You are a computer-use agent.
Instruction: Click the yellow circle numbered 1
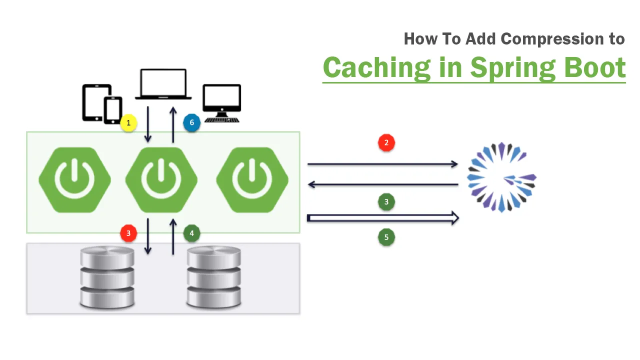tap(128, 123)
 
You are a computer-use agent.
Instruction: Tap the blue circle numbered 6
tap(191, 122)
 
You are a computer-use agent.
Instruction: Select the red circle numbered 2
tap(386, 142)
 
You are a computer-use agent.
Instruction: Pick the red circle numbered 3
tap(128, 233)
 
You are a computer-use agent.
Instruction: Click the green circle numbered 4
tap(191, 233)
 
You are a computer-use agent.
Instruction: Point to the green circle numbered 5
tap(386, 237)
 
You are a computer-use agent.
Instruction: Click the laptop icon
tap(163, 84)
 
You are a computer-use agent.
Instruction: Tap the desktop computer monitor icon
tap(221, 103)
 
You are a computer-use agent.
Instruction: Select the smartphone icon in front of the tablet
tap(113, 110)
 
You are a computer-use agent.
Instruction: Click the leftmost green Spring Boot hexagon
tap(75, 180)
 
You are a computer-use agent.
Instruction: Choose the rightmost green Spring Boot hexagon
tap(252, 180)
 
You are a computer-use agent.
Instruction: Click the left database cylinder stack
tap(107, 277)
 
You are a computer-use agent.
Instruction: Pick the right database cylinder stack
tap(213, 277)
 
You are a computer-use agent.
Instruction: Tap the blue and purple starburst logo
tap(501, 177)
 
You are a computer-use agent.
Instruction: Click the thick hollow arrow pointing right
tap(383, 218)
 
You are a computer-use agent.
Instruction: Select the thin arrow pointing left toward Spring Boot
tap(383, 184)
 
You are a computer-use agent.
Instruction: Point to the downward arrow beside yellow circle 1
tap(147, 124)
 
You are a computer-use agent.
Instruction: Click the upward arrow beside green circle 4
tap(173, 236)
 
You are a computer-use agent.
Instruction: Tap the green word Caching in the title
tap(376, 67)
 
